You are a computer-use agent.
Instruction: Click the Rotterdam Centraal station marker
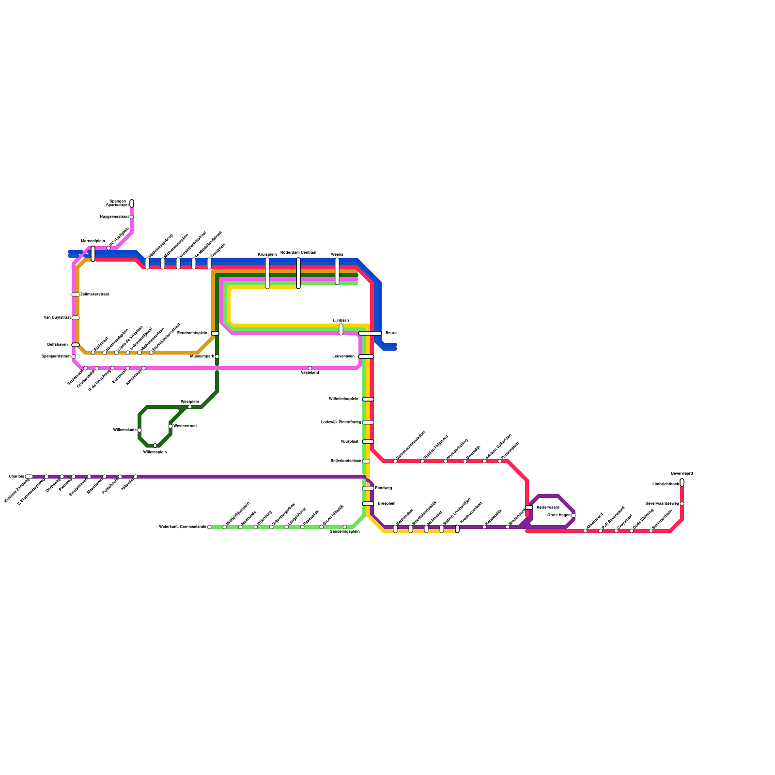tap(298, 273)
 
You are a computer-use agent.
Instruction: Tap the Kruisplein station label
tap(267, 254)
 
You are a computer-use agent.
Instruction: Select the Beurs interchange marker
tap(370, 333)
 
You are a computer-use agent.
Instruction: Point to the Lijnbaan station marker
tap(341, 329)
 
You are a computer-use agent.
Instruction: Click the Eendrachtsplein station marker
tap(215, 333)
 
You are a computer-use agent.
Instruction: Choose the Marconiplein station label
tap(93, 241)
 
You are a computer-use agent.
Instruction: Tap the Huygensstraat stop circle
tap(132, 217)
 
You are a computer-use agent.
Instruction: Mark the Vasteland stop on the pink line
tap(310, 368)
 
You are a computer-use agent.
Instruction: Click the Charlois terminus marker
tap(29, 477)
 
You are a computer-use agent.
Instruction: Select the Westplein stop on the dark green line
tap(190, 407)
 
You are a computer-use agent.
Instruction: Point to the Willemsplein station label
tap(155, 452)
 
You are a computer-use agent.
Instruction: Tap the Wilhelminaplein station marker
tap(368, 399)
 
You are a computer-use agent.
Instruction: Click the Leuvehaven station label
tap(343, 356)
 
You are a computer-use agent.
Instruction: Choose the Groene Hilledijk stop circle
tap(322, 527)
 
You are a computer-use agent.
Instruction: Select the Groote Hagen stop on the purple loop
tap(573, 515)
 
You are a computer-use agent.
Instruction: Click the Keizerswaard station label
tap(548, 507)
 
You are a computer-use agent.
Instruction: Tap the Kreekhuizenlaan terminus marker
tap(457, 529)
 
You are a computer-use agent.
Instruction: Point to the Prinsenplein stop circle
tap(500, 461)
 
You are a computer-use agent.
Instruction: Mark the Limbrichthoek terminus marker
tap(682, 482)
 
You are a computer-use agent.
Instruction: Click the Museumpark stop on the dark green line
tap(217, 356)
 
